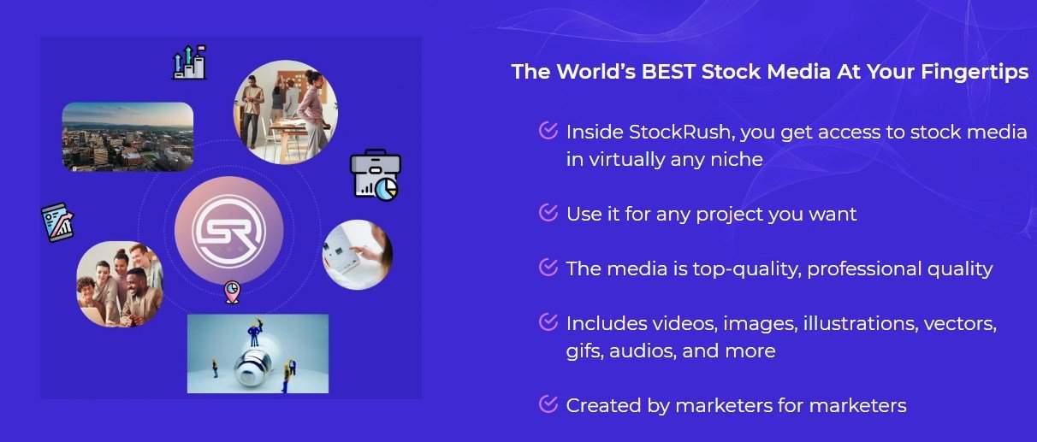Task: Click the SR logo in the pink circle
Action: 229,231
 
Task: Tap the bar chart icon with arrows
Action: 189,62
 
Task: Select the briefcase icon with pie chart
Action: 376,175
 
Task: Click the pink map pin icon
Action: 232,292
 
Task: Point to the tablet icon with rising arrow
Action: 57,222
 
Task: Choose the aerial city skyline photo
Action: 127,137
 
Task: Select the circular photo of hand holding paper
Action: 357,255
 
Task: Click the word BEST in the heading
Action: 668,72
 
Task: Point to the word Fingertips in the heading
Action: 975,73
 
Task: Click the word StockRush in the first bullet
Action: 679,133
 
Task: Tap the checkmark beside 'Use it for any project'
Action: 548,213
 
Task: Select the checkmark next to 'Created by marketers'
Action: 548,404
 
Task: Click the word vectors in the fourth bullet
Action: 960,324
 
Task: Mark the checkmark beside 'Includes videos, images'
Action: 548,321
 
